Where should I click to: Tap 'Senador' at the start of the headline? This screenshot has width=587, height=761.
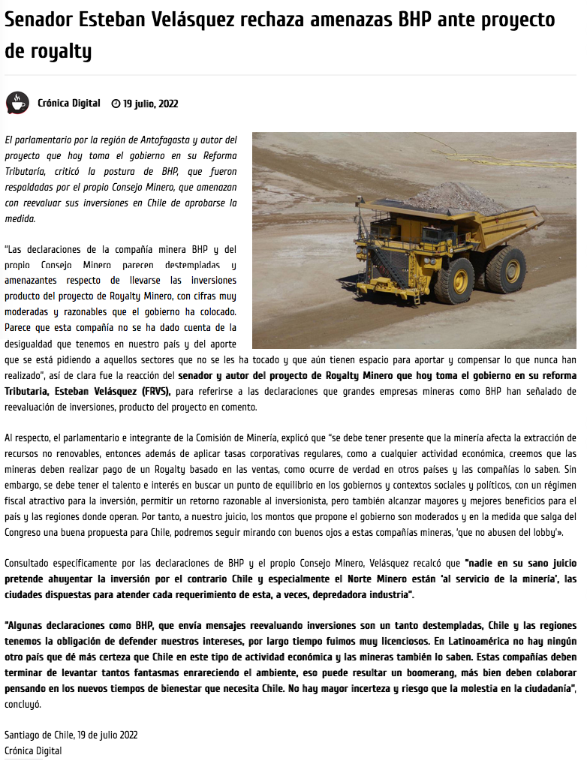(x=38, y=20)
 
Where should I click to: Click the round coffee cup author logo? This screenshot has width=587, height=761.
(x=17, y=104)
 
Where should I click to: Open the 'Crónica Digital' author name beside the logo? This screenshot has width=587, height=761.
(x=68, y=104)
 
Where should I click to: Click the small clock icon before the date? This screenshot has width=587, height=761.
(x=116, y=104)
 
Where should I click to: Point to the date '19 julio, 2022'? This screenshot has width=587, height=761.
(x=151, y=104)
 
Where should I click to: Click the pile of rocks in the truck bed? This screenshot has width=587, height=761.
(x=456, y=197)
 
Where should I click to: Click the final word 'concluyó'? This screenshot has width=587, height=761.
(x=23, y=705)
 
